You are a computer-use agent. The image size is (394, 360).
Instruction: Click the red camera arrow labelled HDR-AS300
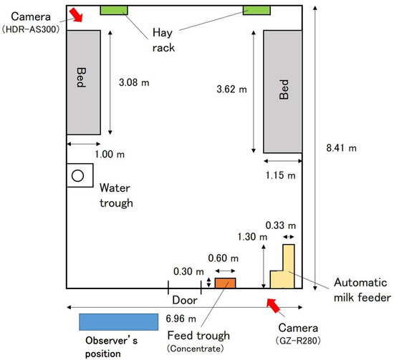(76, 15)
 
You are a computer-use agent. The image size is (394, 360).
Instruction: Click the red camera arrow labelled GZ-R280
(274, 306)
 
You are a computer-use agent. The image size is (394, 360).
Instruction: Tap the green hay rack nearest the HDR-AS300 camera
(114, 10)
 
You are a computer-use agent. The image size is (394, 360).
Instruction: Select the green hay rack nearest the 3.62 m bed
(256, 10)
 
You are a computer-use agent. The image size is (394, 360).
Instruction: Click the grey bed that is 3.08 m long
(84, 82)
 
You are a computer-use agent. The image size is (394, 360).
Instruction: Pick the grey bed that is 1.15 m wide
(283, 92)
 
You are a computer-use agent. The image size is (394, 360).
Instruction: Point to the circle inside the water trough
(77, 175)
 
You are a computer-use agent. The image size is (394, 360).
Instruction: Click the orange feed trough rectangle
(225, 283)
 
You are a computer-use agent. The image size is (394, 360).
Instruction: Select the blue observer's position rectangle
(119, 322)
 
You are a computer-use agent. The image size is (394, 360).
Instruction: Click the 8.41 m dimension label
(341, 148)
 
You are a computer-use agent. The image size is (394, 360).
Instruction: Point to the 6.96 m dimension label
(181, 318)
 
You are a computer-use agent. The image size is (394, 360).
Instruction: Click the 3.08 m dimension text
(134, 82)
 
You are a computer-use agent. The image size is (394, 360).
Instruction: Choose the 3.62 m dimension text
(231, 89)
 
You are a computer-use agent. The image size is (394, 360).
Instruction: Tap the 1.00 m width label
(110, 154)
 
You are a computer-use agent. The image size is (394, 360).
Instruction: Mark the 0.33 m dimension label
(281, 225)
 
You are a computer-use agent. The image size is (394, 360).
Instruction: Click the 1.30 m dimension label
(252, 237)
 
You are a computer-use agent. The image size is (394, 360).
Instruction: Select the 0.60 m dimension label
(223, 258)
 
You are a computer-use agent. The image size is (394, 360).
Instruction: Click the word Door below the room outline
(185, 301)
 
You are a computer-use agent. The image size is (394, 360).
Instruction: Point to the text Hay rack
(163, 40)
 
